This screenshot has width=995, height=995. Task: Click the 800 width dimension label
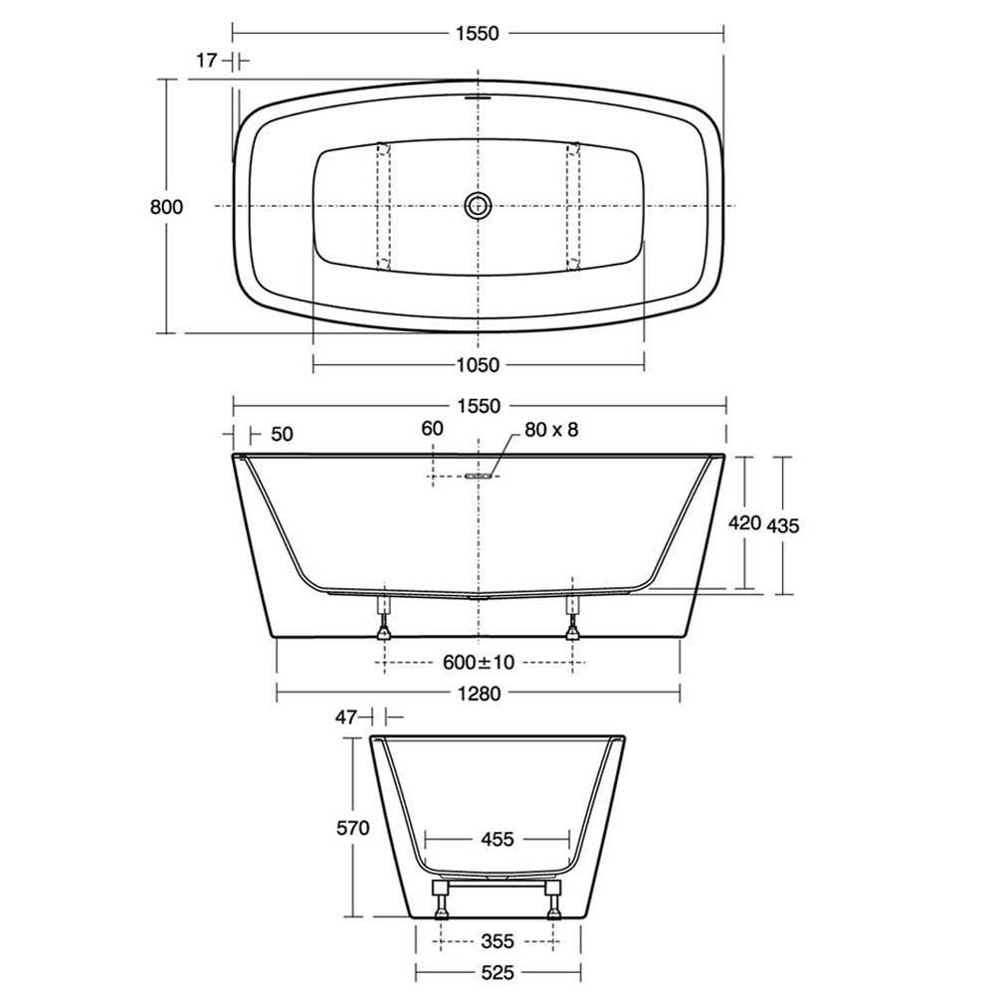pos(166,207)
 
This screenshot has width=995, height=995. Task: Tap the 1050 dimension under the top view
pos(478,365)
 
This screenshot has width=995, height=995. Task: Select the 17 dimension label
pos(207,61)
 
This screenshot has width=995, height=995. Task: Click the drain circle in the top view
pos(478,205)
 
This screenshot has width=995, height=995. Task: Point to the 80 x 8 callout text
pos(551,430)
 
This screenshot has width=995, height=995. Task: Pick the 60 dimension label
pos(432,428)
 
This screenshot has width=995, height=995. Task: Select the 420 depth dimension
pos(744,523)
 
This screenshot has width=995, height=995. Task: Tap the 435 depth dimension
pos(783,525)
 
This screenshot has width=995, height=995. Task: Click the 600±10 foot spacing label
pos(479,663)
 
